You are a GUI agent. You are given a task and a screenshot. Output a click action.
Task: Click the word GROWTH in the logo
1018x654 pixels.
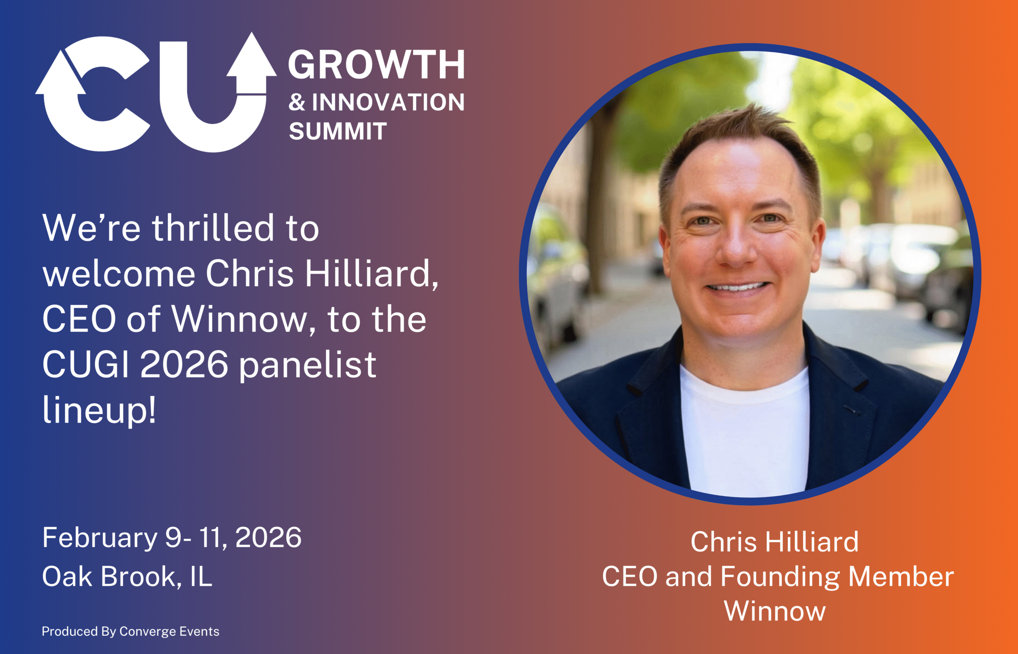tap(376, 64)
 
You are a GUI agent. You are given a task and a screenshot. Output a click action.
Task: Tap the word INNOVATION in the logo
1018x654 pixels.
tap(388, 102)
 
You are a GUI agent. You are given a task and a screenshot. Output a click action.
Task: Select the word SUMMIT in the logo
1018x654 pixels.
tap(338, 131)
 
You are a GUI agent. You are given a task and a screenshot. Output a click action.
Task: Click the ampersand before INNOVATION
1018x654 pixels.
tap(297, 102)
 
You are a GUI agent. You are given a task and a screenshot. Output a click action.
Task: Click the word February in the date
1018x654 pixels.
tap(100, 538)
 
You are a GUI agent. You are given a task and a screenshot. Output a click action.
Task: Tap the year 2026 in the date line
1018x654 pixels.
tap(268, 538)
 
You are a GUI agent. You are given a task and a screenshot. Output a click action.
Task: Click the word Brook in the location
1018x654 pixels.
tap(138, 577)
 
